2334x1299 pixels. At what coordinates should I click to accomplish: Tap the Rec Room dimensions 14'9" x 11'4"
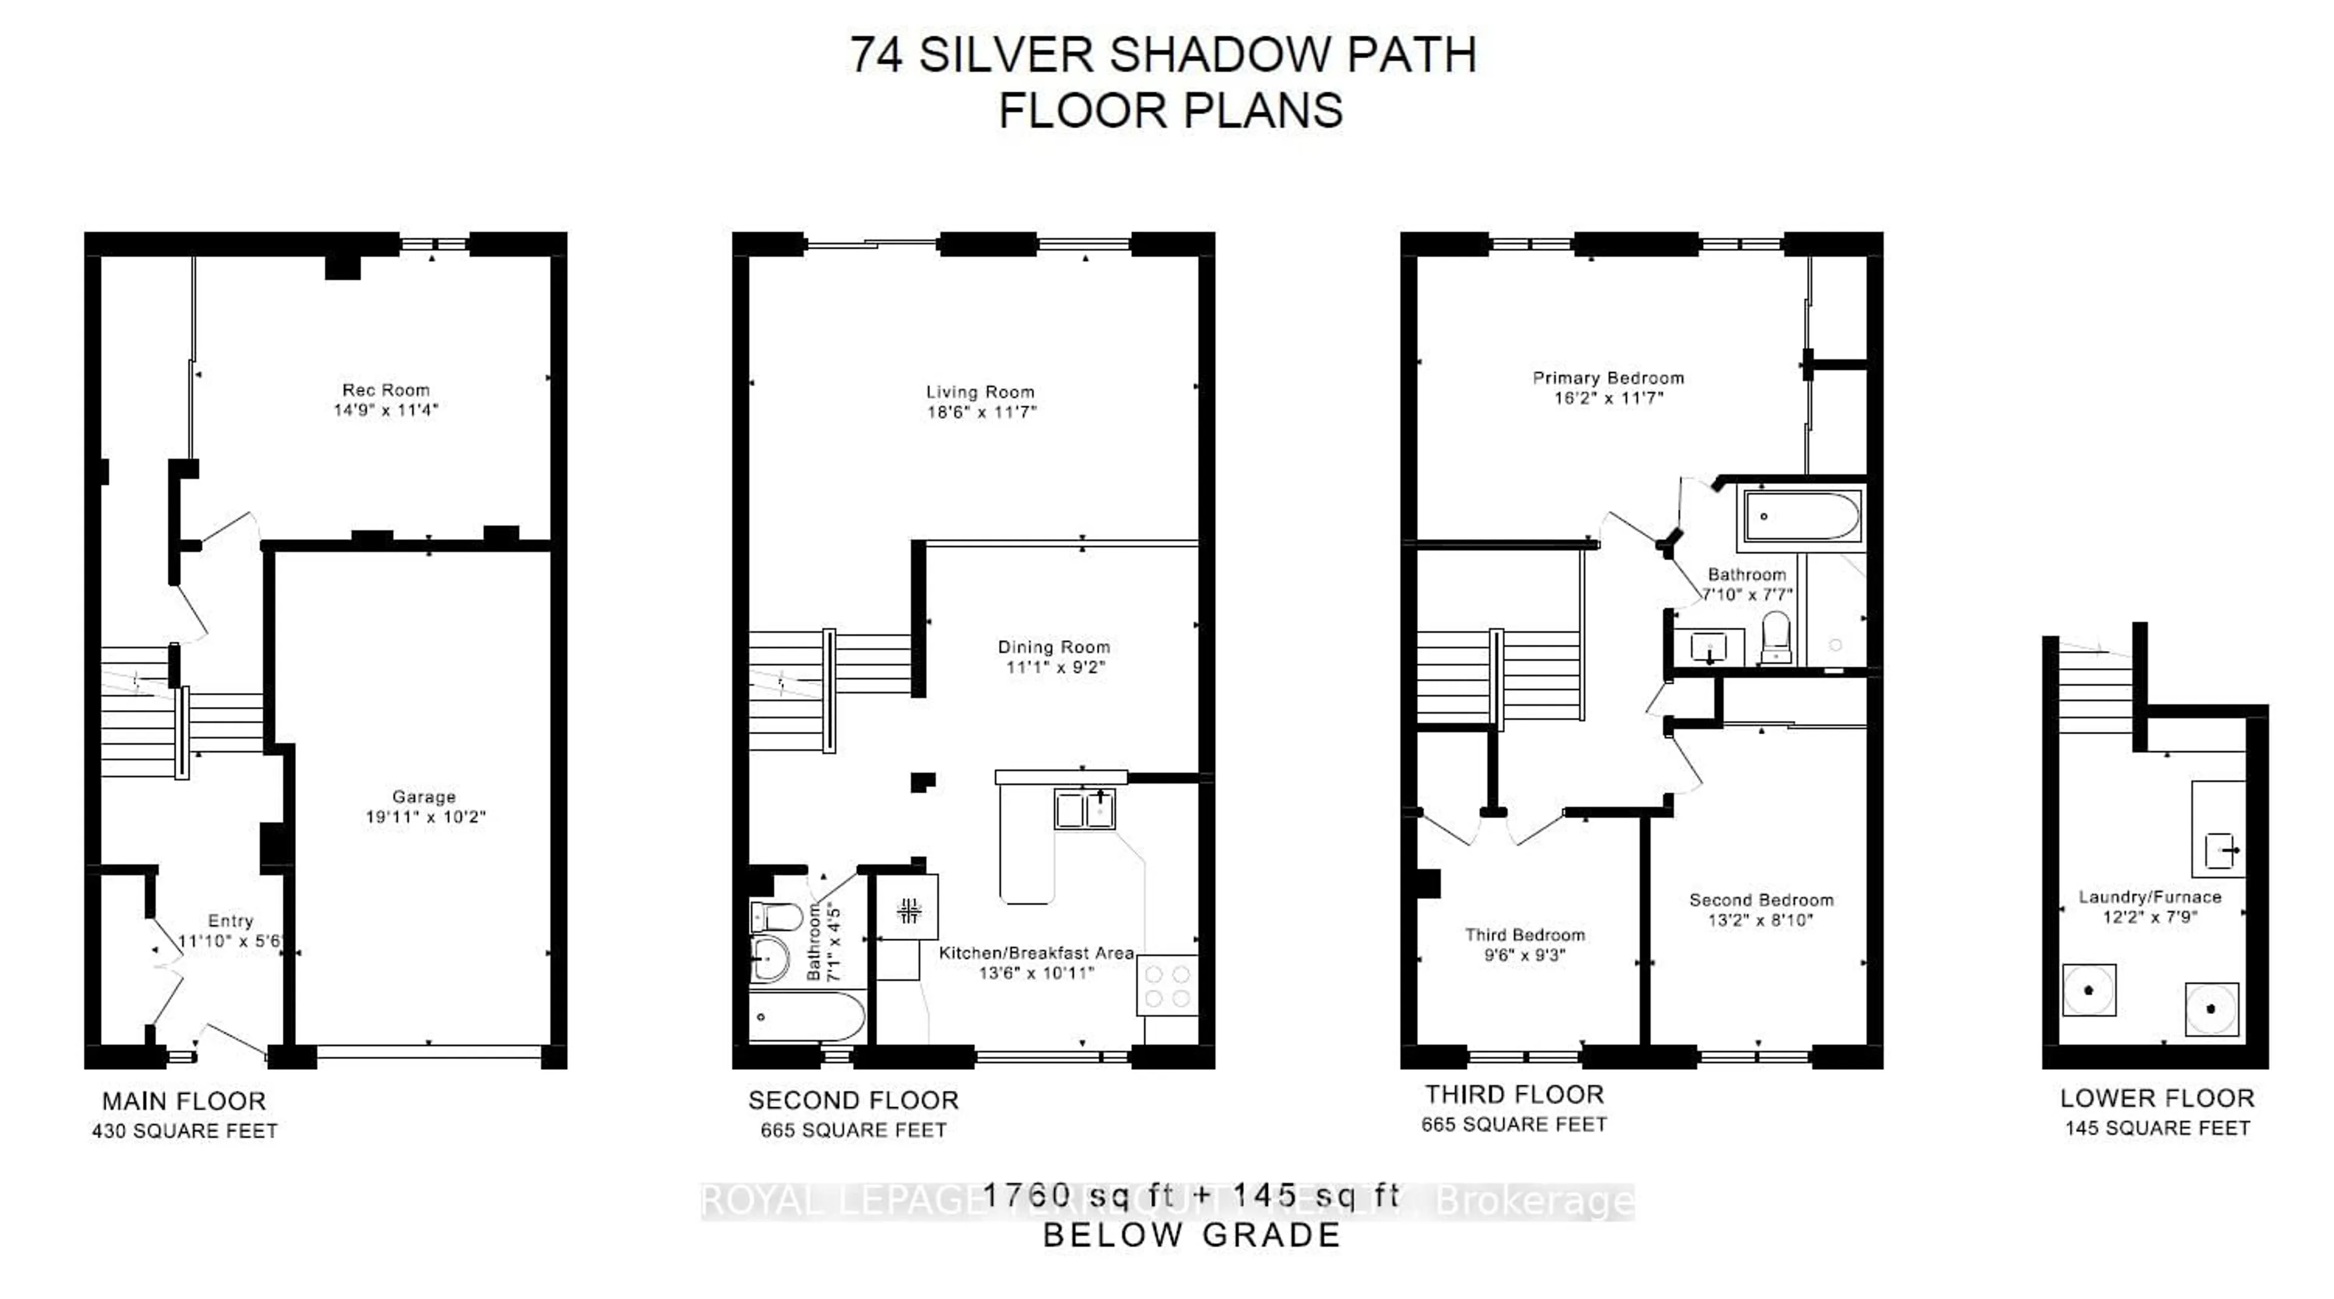click(x=385, y=410)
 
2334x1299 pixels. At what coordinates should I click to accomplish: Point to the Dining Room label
click(x=1054, y=647)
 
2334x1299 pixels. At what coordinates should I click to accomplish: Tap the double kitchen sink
click(x=1084, y=810)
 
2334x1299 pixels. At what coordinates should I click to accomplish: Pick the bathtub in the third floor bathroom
click(x=1800, y=517)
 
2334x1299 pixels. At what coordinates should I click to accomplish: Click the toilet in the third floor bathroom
click(x=1777, y=637)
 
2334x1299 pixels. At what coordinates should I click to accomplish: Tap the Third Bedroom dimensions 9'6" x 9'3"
click(x=1525, y=955)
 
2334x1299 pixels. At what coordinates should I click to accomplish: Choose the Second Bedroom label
click(x=1760, y=900)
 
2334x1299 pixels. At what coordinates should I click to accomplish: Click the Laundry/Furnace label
click(x=2149, y=897)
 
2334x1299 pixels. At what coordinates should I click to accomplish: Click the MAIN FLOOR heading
click(x=184, y=1101)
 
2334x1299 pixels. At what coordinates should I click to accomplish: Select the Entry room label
click(x=230, y=920)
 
